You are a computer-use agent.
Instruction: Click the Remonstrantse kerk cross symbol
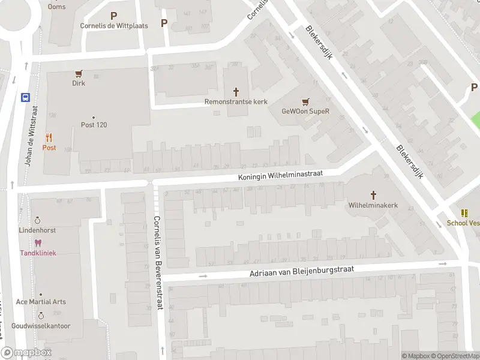[x=236, y=92]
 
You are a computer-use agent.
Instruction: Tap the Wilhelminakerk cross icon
[x=373, y=195]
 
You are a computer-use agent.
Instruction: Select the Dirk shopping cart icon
[x=79, y=74]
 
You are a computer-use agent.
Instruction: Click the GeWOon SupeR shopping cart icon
[x=306, y=101]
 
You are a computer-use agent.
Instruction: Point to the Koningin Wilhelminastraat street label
[x=281, y=175]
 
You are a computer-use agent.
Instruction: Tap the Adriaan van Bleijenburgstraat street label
[x=303, y=272]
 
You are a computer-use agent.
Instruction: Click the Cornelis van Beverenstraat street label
[x=158, y=262]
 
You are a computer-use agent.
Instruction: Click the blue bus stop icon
[x=26, y=97]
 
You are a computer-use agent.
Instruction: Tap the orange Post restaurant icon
[x=49, y=137]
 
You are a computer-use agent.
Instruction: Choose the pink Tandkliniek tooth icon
[x=38, y=243]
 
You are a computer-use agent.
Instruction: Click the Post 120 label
[x=94, y=125]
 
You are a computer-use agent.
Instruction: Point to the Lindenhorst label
[x=38, y=230]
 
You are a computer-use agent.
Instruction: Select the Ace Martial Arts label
[x=41, y=302]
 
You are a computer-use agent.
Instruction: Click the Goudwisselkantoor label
[x=41, y=326]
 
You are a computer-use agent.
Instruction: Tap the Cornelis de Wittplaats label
[x=114, y=26]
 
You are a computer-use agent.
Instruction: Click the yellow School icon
[x=464, y=213]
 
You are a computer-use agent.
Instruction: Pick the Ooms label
[x=57, y=7]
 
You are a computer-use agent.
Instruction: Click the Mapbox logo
[x=26, y=353]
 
